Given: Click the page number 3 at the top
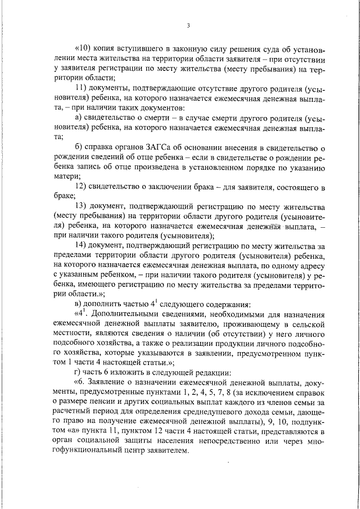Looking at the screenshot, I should point(188,25).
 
